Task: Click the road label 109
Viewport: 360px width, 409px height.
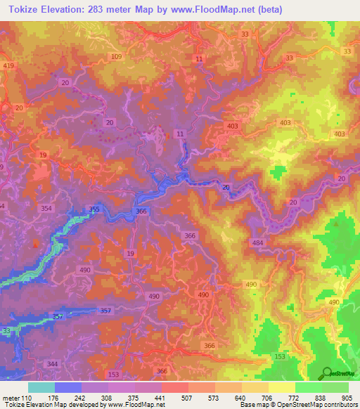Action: point(117,56)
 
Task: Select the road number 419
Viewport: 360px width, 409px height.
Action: point(8,65)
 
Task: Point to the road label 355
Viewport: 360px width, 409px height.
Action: point(94,209)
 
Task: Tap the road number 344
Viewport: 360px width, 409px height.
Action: point(52,364)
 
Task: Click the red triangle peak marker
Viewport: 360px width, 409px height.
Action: point(36,244)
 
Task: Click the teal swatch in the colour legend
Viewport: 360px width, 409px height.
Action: point(41,387)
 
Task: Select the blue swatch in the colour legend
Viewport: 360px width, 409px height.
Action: point(67,387)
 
